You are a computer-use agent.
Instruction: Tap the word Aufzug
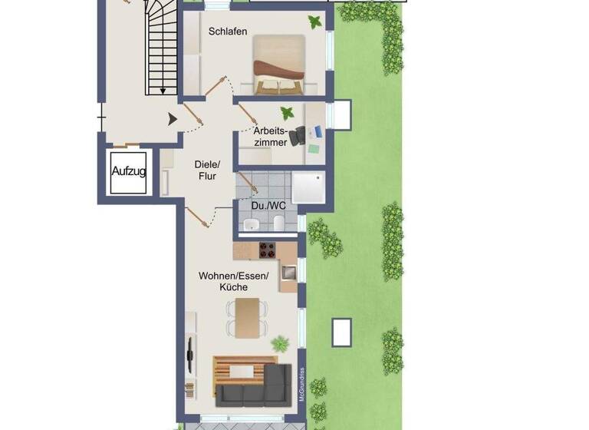click(128, 170)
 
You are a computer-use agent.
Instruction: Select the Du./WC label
click(267, 206)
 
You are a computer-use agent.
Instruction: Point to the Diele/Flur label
click(207, 170)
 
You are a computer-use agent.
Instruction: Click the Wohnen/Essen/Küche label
click(233, 281)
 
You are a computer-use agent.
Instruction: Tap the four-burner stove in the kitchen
click(268, 250)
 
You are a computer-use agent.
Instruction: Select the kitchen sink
click(289, 271)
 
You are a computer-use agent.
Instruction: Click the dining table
click(248, 317)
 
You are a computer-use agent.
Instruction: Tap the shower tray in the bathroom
click(308, 187)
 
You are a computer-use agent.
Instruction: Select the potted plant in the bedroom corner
click(314, 21)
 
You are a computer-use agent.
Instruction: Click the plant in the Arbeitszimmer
click(287, 114)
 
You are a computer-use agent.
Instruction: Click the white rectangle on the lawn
click(341, 332)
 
